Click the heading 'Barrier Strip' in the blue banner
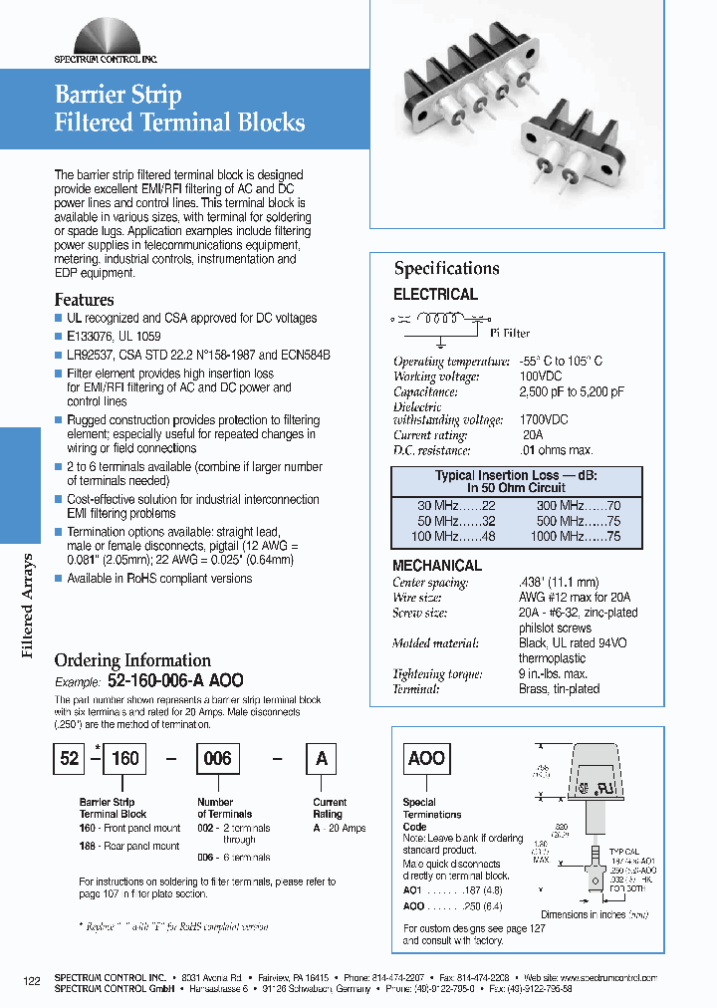pos(118,95)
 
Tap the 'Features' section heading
pos(84,299)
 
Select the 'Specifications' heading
pos(446,268)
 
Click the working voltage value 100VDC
pos(538,377)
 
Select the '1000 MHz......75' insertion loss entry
pos(575,536)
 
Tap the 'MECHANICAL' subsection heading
pos(437,565)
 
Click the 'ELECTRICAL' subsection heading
pos(435,294)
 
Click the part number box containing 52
pos(68,758)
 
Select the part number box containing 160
pos(124,758)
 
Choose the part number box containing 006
pos(217,758)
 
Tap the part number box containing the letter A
pos(321,758)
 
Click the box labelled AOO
pos(426,758)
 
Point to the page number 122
pos(32,982)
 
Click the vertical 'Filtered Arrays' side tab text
pos(28,605)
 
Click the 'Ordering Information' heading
pos(132,659)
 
